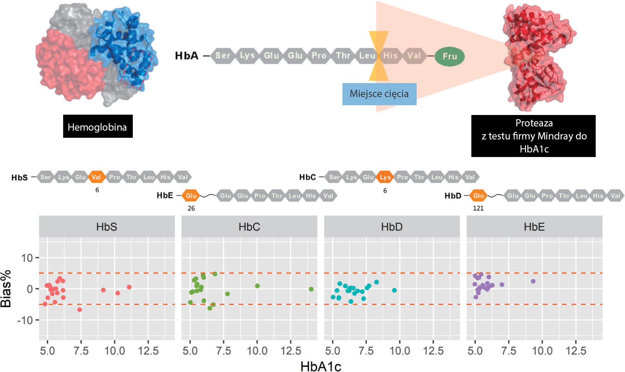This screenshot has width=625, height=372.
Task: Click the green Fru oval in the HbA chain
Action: [450, 56]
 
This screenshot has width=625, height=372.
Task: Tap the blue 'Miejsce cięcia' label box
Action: [379, 94]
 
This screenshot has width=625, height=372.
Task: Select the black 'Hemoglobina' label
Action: [98, 126]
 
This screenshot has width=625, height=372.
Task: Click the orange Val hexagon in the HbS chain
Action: [96, 177]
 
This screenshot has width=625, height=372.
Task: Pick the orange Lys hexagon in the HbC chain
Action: [385, 177]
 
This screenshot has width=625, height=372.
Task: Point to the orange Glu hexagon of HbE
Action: [191, 195]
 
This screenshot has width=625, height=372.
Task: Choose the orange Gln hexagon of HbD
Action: [478, 195]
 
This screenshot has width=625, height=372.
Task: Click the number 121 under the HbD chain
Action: [478, 208]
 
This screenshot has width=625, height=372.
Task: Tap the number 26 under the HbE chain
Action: [191, 208]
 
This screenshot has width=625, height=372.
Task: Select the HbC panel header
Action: [249, 227]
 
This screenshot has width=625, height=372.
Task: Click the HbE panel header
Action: [534, 227]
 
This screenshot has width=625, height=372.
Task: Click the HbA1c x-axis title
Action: [321, 366]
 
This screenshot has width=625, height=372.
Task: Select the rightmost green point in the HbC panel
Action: [311, 289]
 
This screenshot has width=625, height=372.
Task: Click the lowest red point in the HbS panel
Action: [79, 309]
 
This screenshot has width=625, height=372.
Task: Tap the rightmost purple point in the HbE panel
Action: [533, 281]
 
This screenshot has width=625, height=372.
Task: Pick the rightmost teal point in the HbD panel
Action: [394, 290]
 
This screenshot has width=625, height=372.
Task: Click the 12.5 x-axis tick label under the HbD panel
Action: [433, 351]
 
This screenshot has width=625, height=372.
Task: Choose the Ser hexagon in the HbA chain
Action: [223, 56]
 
